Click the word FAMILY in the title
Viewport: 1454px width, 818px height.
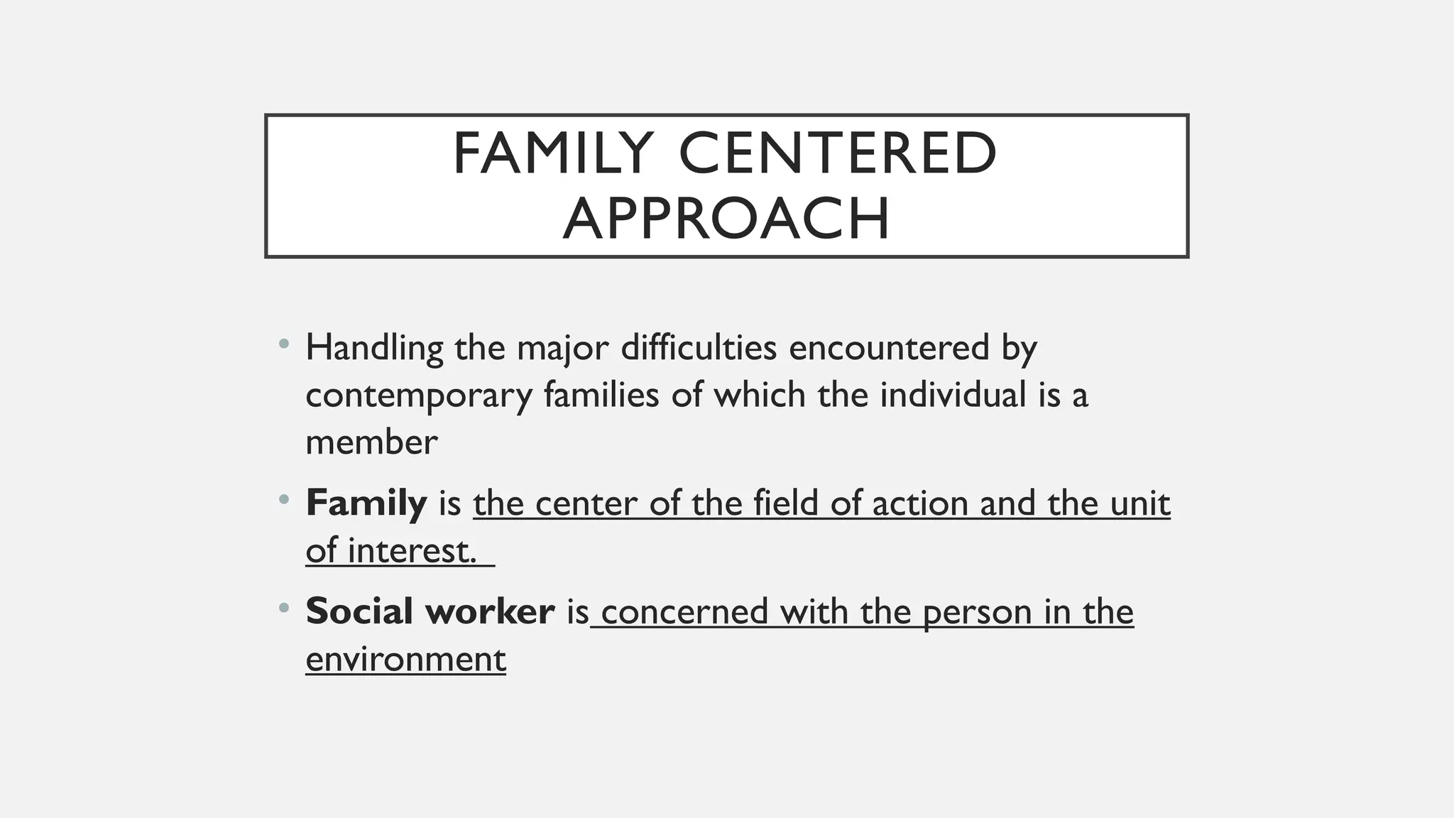pyautogui.click(x=552, y=153)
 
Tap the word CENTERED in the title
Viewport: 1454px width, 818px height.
pyautogui.click(x=838, y=153)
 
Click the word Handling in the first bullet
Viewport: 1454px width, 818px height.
pyautogui.click(x=374, y=349)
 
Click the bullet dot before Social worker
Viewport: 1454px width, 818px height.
pyautogui.click(x=284, y=608)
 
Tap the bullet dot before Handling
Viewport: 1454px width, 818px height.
pyautogui.click(x=284, y=344)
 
